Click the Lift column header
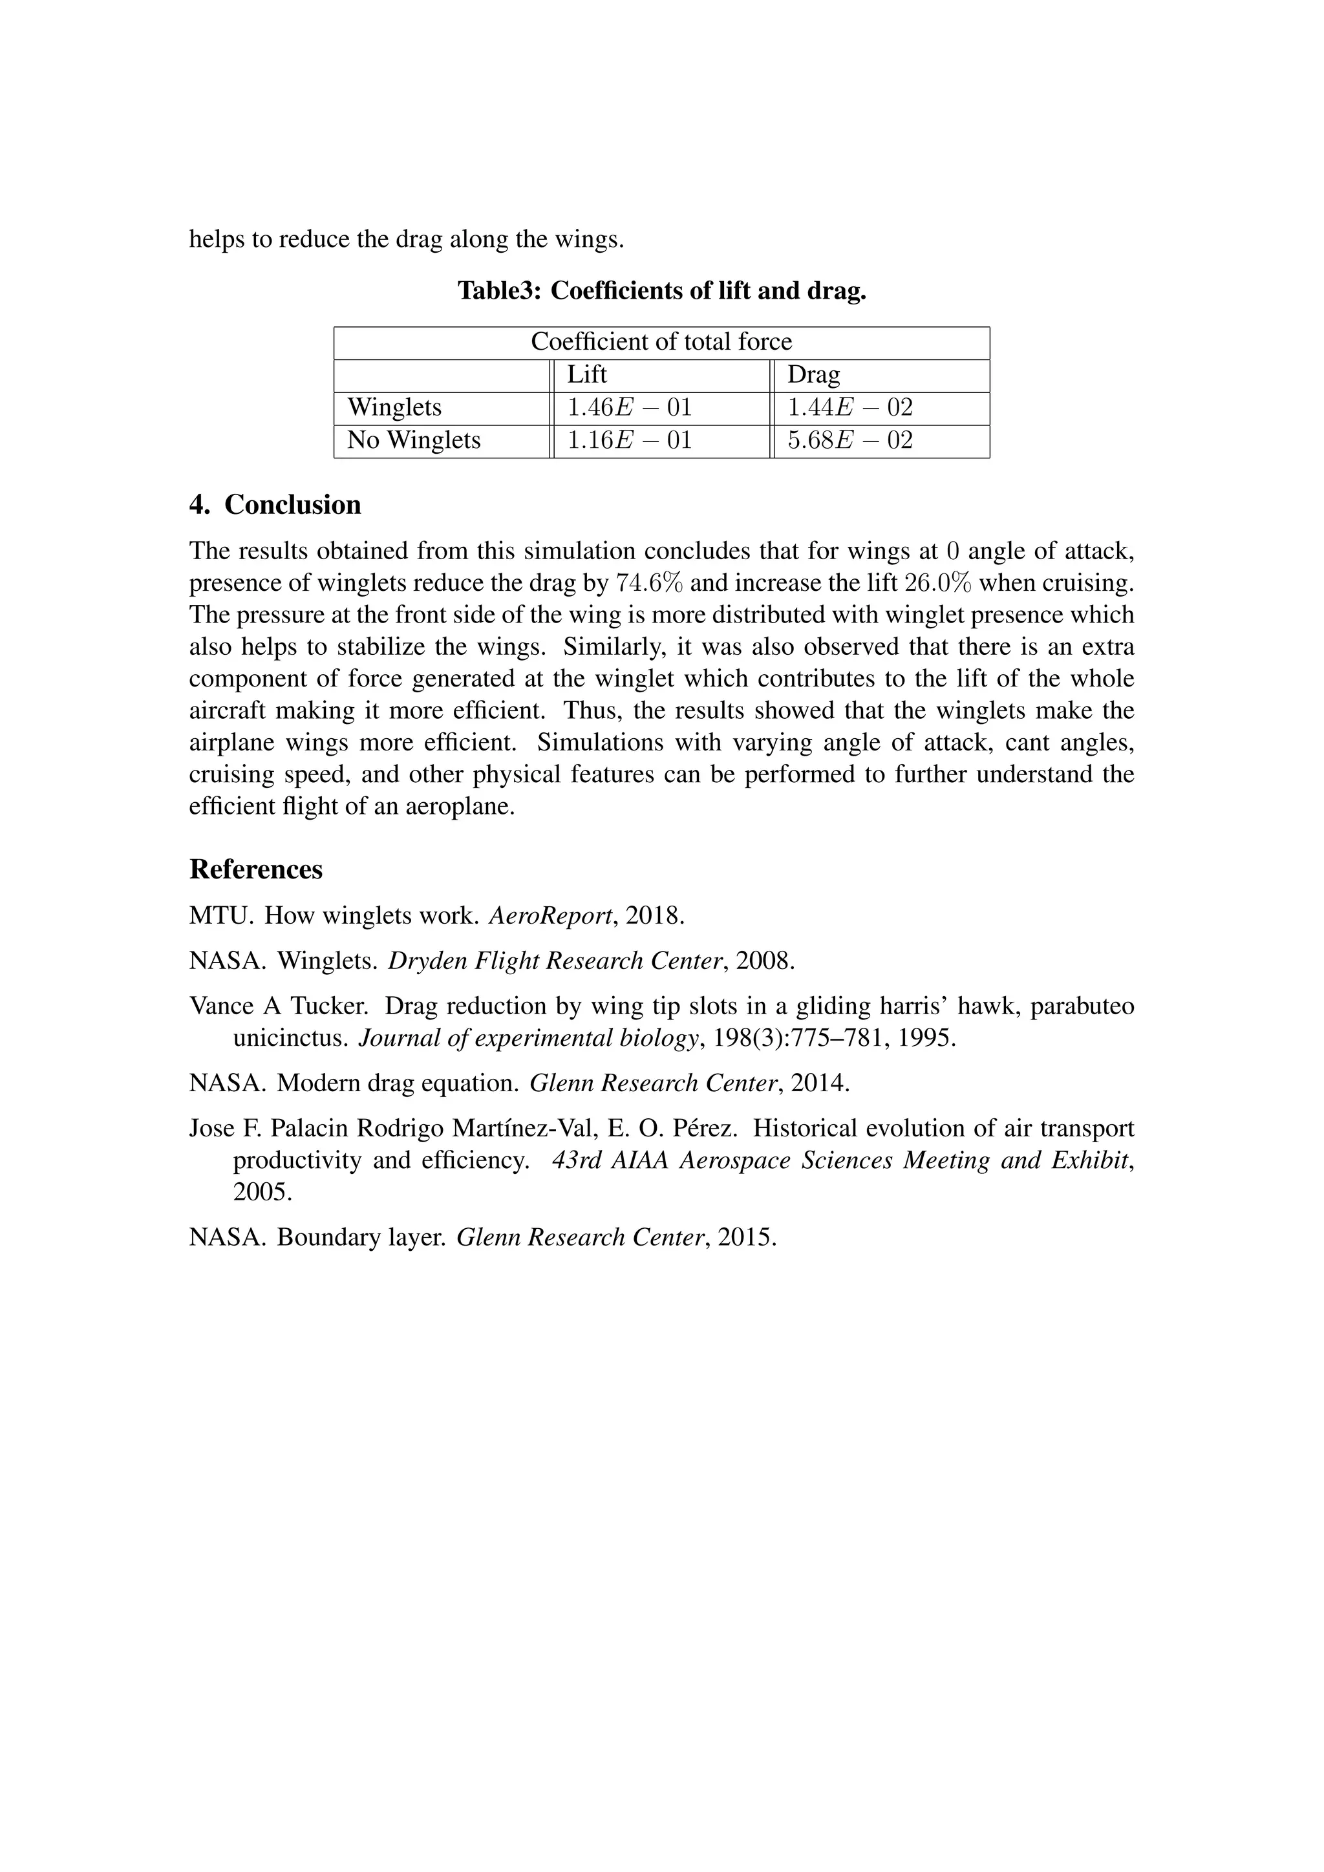click(x=586, y=374)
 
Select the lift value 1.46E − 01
click(x=628, y=407)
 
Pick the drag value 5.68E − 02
click(x=849, y=440)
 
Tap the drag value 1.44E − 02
click(x=849, y=407)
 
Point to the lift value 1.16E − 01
click(x=628, y=440)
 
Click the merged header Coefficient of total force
click(x=661, y=341)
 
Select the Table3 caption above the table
click(x=661, y=290)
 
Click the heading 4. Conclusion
click(x=275, y=505)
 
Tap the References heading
click(x=256, y=869)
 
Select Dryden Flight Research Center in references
click(x=556, y=961)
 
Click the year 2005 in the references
click(x=262, y=1192)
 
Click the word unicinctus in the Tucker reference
click(x=291, y=1038)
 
